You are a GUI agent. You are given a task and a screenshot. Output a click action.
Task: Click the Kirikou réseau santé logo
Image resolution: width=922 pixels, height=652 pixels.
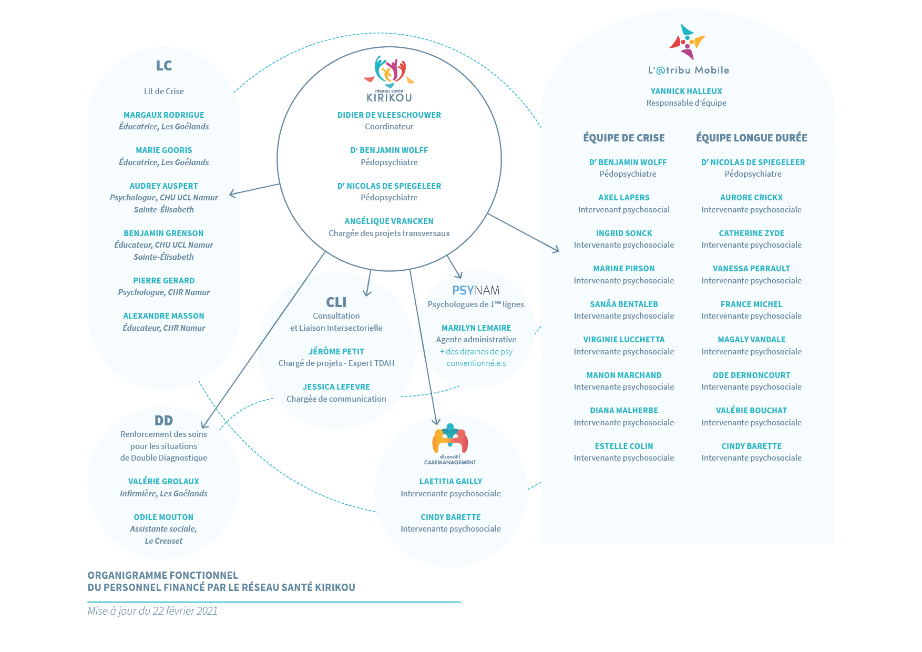tap(389, 79)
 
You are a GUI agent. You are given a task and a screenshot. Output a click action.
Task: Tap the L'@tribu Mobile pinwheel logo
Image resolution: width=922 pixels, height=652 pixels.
tap(687, 42)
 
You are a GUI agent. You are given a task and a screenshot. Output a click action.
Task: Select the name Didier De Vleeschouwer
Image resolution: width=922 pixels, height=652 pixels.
tap(389, 115)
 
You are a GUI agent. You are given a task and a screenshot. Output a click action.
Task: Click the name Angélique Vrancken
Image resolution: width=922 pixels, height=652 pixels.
tap(389, 221)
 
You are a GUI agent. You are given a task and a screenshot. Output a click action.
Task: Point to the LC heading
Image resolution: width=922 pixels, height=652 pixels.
tap(164, 66)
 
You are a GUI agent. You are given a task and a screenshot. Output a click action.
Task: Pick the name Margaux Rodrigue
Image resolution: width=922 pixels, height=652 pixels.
tap(164, 115)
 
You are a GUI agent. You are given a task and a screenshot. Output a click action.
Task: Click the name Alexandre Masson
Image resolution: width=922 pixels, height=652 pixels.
tap(164, 316)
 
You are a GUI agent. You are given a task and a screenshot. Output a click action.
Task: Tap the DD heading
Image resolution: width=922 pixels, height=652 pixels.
tap(163, 421)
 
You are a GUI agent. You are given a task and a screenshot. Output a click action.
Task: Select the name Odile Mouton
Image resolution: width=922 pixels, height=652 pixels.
tap(163, 517)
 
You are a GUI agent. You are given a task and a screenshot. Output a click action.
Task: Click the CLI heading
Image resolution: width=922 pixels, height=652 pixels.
tap(336, 302)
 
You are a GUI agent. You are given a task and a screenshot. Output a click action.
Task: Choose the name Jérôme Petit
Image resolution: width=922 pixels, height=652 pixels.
tap(336, 352)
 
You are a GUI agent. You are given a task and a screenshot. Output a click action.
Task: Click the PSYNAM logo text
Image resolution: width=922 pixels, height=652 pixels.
tap(476, 290)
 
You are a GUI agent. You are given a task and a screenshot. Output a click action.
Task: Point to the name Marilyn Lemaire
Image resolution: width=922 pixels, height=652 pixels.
tap(476, 328)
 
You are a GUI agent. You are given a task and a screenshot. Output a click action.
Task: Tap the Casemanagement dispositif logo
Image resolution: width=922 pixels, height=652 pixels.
tap(450, 444)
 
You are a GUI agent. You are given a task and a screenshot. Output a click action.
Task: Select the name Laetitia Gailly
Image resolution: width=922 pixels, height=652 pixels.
tap(450, 482)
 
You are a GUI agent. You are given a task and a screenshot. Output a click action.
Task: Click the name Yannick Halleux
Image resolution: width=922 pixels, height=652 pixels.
tap(687, 91)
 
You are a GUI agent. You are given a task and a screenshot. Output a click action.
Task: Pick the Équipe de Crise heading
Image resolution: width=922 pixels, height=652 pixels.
tap(624, 138)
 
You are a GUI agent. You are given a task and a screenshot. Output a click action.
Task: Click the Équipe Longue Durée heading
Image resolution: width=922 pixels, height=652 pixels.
tap(752, 138)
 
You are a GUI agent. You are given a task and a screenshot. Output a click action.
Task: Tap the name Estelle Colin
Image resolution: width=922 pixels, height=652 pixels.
tap(624, 446)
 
